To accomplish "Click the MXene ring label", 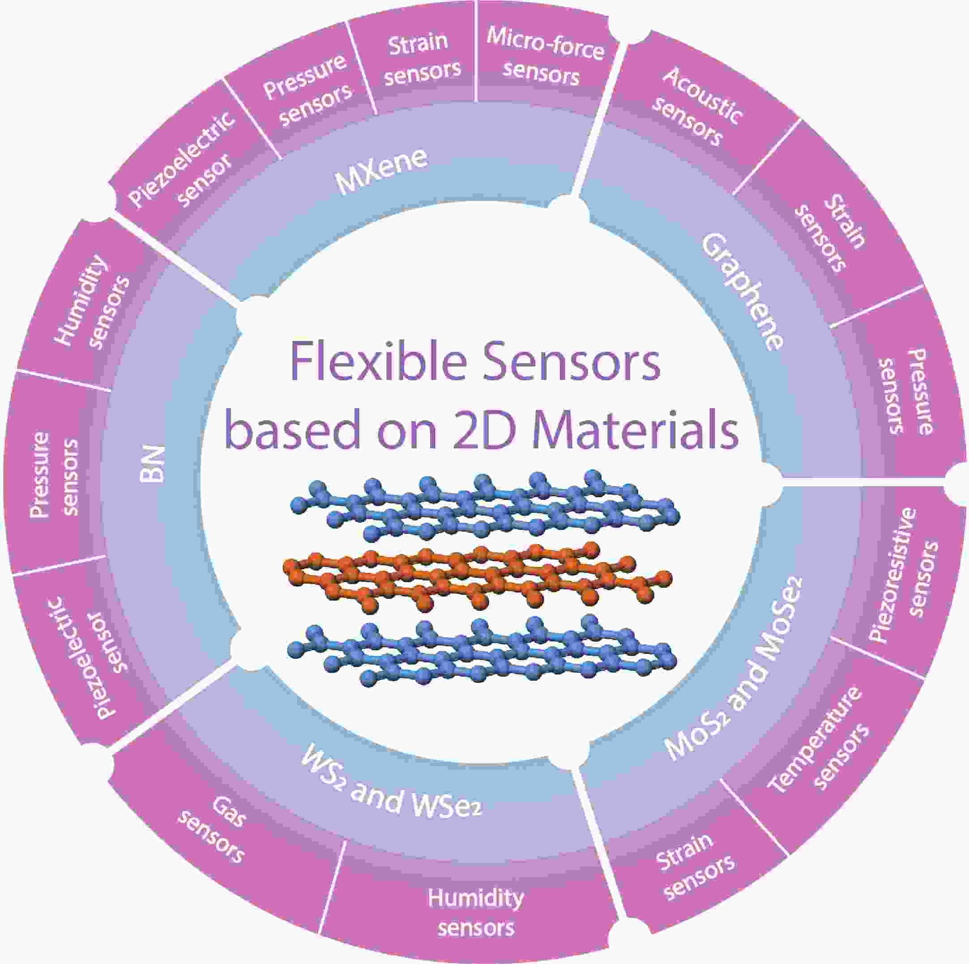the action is (x=382, y=171).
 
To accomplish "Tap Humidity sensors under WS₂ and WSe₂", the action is (x=475, y=913).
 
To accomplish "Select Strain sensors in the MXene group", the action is (x=421, y=58).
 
